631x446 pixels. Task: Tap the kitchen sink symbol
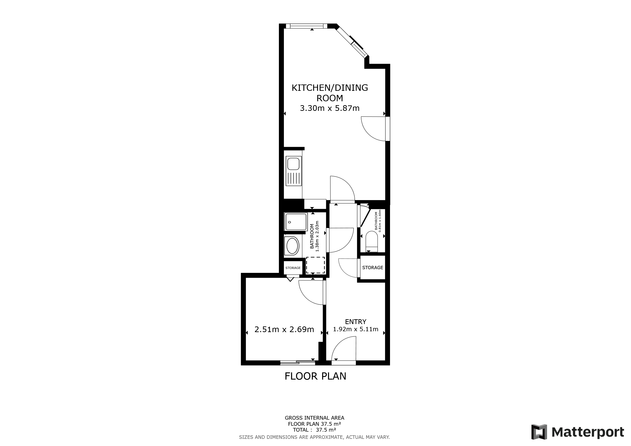coord(293,171)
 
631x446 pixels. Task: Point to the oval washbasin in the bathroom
coord(292,246)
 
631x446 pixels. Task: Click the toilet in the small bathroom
coord(372,241)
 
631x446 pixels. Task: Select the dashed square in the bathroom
coord(315,265)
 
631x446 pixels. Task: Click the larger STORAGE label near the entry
coord(372,267)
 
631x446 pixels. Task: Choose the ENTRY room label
coord(355,322)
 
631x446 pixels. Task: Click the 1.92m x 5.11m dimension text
coord(355,329)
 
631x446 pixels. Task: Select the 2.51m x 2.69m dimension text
coord(284,329)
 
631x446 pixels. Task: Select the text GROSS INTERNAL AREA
coord(314,418)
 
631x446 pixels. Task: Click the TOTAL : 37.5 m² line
coord(314,430)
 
